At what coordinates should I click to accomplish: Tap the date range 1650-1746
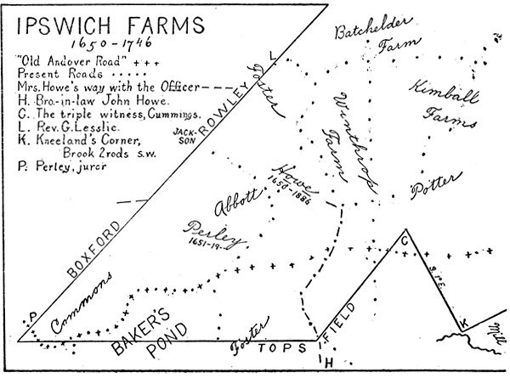pos(103,42)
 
